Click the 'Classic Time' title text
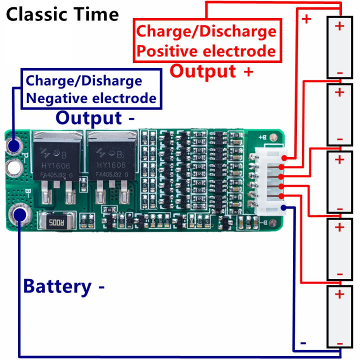point(62,14)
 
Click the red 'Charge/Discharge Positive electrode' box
point(206,41)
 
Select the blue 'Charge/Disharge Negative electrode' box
point(91,89)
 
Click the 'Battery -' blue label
point(64,286)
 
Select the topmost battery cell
point(339,48)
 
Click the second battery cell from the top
point(339,115)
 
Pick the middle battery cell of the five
point(339,182)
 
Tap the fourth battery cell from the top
point(339,249)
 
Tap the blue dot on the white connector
point(283,208)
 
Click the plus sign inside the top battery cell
point(339,26)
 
